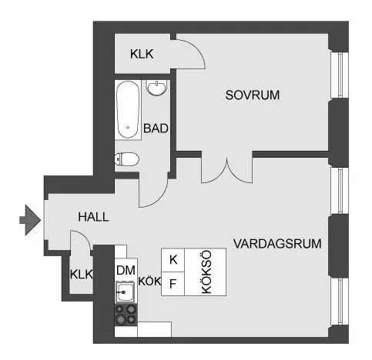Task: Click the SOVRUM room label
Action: tap(253, 95)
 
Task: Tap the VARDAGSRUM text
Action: tap(277, 244)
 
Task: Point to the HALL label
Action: tap(93, 217)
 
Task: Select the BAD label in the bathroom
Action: tap(156, 128)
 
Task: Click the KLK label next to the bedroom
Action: tap(142, 54)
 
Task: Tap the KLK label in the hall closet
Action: tap(82, 274)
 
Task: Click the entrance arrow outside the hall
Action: tap(30, 220)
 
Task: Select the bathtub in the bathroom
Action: tap(128, 110)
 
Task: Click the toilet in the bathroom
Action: tap(126, 159)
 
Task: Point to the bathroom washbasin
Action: tap(156, 88)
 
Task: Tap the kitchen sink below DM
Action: tap(126, 292)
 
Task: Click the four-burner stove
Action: tap(126, 315)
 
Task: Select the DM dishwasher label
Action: tap(126, 270)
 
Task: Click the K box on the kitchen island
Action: tap(173, 260)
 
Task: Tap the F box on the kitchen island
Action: tap(173, 284)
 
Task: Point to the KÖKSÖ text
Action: tap(206, 272)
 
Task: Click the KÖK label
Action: tap(149, 282)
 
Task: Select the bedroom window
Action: tap(340, 75)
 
